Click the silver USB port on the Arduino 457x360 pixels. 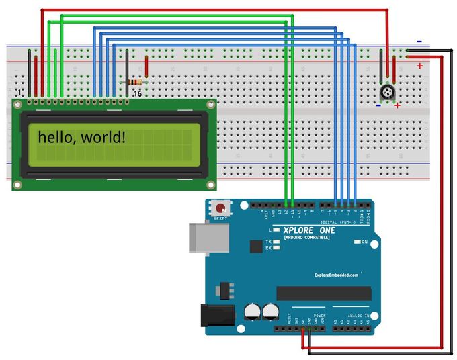coord(209,239)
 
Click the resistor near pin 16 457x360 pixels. coord(135,82)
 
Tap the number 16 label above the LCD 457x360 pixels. coord(136,93)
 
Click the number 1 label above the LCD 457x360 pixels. coord(19,93)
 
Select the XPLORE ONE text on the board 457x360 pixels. coord(308,230)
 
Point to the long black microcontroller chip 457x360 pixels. coord(323,293)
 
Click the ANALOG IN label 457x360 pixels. coord(358,315)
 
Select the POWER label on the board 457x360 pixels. coord(319,315)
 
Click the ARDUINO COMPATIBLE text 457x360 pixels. coord(306,238)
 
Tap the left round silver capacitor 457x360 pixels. coord(252,311)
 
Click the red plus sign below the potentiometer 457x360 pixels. coord(397,105)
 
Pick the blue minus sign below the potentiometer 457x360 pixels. coord(378,105)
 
